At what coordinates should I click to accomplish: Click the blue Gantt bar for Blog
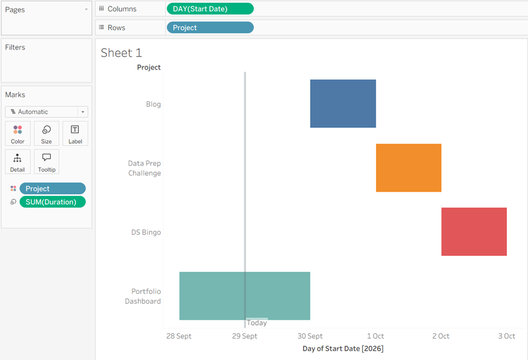(343, 103)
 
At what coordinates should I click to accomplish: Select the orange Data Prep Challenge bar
(409, 168)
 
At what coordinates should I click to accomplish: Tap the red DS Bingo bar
(474, 231)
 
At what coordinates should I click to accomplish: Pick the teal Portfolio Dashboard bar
(244, 296)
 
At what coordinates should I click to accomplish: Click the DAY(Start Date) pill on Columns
(210, 9)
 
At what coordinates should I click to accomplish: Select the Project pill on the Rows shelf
(210, 27)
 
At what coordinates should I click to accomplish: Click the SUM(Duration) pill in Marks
(53, 202)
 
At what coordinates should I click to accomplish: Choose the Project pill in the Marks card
(53, 188)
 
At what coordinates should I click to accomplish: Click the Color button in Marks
(18, 134)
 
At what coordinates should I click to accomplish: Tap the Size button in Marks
(46, 134)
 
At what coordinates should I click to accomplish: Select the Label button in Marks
(75, 134)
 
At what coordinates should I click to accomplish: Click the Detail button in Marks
(18, 162)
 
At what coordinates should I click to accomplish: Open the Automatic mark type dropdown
(46, 112)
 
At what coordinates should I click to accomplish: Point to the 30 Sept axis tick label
(310, 336)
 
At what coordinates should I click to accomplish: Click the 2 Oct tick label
(441, 336)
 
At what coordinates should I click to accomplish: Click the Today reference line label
(257, 323)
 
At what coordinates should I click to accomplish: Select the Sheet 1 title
(121, 53)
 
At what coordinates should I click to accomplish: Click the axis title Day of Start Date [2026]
(343, 348)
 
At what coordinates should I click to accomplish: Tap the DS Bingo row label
(146, 232)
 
